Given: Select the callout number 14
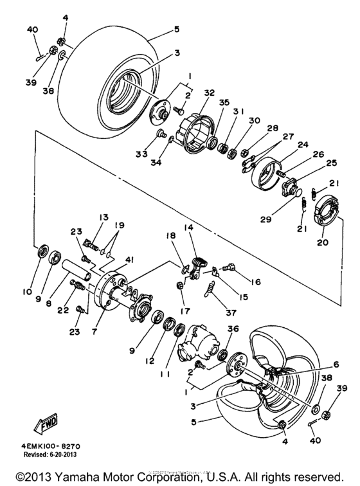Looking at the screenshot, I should [x=189, y=228].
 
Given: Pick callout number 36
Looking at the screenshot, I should [x=232, y=328].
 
